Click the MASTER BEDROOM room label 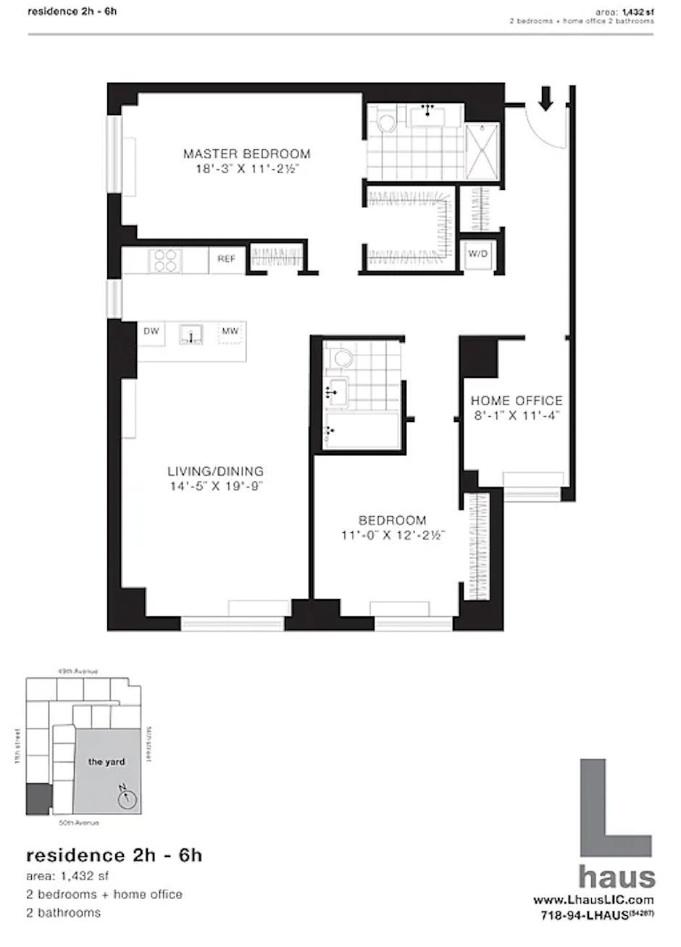tap(246, 154)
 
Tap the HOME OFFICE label tap(517, 400)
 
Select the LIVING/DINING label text tap(215, 471)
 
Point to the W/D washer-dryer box tap(477, 255)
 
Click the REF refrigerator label tap(227, 259)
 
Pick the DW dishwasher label tap(151, 331)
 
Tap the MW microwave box tap(230, 332)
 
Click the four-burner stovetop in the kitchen tap(166, 260)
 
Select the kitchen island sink tap(191, 335)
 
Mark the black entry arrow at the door tap(546, 98)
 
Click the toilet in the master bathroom tap(385, 120)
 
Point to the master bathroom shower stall tap(482, 151)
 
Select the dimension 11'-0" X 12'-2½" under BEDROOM tap(393, 536)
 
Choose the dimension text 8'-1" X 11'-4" tap(517, 416)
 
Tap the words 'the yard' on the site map tap(106, 762)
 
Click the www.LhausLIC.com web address tap(593, 900)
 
